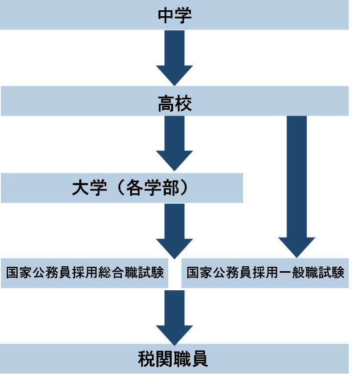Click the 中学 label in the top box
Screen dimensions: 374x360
pyautogui.click(x=175, y=15)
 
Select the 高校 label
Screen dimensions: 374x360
pyautogui.click(x=175, y=103)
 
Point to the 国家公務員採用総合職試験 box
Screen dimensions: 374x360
pyautogui.click(x=85, y=273)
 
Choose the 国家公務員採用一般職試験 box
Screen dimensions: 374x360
pyautogui.click(x=265, y=273)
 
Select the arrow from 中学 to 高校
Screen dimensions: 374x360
pyautogui.click(x=174, y=56)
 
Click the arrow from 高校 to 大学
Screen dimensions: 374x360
pyautogui.click(x=174, y=142)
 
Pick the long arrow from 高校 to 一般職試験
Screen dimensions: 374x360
pyautogui.click(x=296, y=186)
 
